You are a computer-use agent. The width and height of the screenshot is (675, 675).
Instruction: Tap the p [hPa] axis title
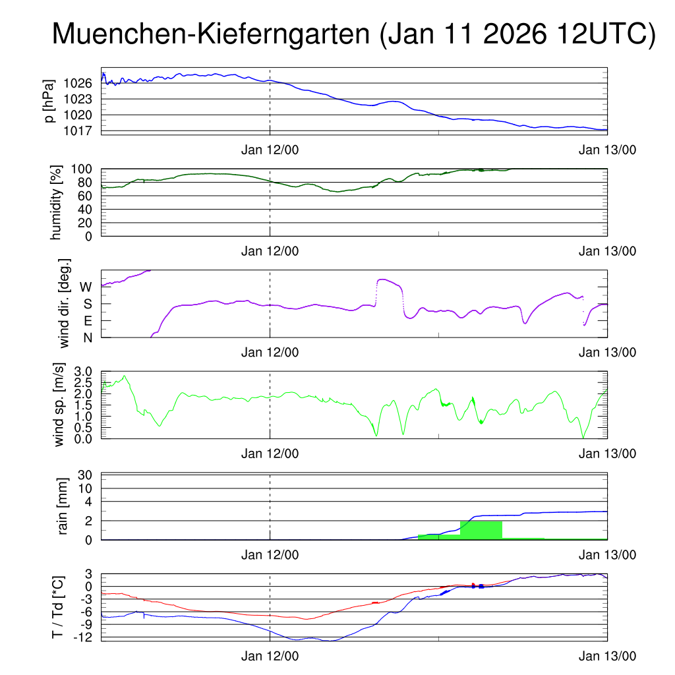pos(49,100)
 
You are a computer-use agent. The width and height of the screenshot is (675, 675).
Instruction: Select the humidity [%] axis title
pos(55,202)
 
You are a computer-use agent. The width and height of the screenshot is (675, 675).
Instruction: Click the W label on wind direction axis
pos(86,287)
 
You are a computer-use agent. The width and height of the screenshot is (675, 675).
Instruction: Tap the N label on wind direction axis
pos(87,337)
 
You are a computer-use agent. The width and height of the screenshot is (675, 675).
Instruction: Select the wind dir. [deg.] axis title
pos(65,303)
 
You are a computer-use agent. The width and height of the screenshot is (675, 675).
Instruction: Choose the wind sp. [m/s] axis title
pos(60,405)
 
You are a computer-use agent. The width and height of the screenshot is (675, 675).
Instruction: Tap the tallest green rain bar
pos(481,530)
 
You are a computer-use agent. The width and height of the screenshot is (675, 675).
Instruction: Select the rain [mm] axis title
pos(63,506)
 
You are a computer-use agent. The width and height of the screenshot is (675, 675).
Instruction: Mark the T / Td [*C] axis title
pos(58,608)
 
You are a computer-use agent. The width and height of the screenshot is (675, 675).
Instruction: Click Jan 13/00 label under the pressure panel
pos(607,150)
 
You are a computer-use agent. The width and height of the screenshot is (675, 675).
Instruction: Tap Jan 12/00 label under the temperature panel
pos(270,656)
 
